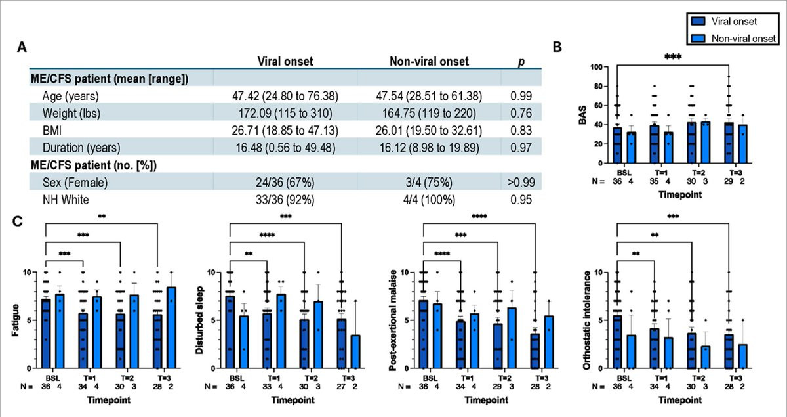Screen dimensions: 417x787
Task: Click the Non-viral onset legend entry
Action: (736, 39)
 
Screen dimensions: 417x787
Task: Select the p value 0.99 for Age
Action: (520, 96)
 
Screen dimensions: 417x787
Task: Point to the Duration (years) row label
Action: (76, 146)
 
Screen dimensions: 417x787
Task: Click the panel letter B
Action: (557, 47)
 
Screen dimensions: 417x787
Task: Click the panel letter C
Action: (22, 222)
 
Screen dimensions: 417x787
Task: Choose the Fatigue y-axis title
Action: (16, 320)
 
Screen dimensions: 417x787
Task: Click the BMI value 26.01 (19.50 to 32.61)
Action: (429, 129)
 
